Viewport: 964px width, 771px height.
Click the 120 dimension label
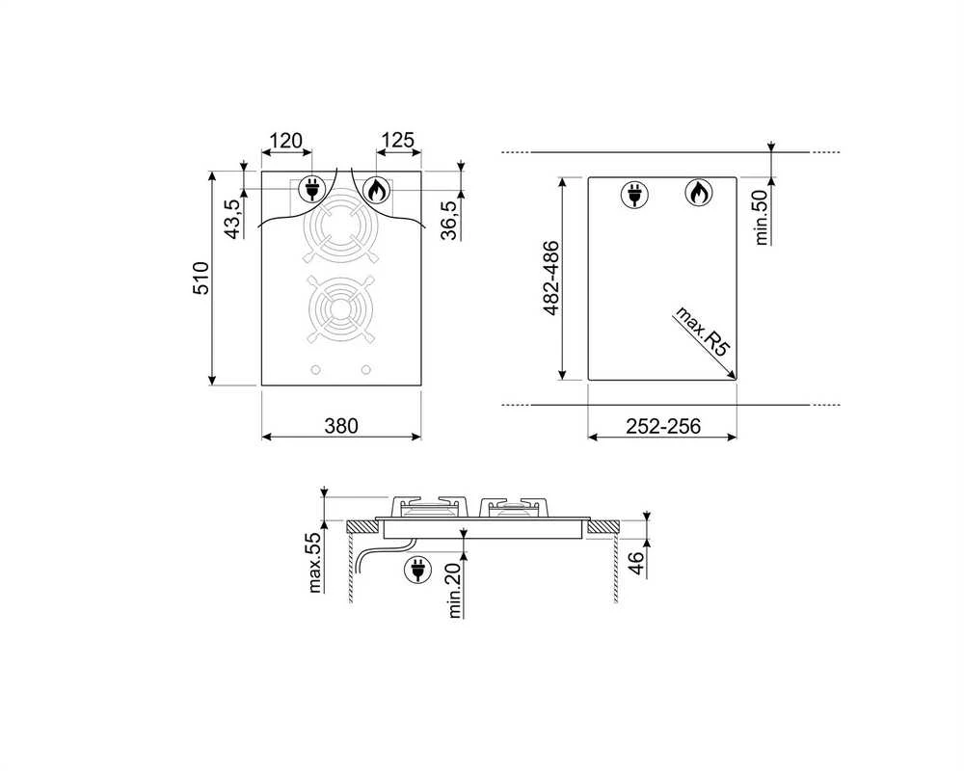pos(286,141)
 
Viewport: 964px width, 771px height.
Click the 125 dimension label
pos(398,141)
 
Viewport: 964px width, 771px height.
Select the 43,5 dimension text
pos(232,220)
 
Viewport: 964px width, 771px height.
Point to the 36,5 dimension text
pos(450,220)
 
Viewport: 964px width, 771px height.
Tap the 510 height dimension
pos(201,279)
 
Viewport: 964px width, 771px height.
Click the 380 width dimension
pos(341,425)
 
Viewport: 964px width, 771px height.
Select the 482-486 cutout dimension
pos(551,279)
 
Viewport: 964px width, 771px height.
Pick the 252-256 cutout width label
pos(663,426)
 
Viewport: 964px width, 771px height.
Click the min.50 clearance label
pos(762,218)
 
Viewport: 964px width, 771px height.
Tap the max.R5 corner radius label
pos(702,331)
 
